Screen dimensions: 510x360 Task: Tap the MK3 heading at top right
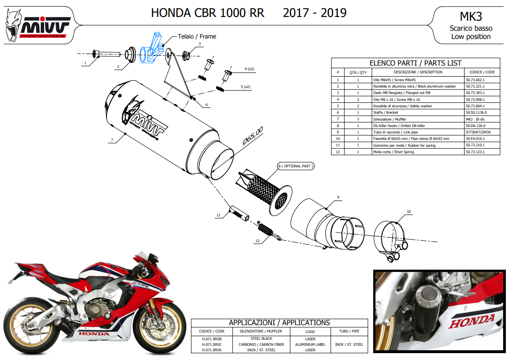click(471, 16)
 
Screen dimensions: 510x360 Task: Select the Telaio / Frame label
click(197, 36)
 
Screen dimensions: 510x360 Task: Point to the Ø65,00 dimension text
click(253, 136)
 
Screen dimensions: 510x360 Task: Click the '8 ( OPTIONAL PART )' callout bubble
click(296, 166)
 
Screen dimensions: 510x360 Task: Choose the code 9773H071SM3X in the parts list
click(478, 132)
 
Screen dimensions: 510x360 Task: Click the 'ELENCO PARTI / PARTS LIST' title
click(415, 63)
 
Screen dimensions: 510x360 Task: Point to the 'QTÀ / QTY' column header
click(358, 72)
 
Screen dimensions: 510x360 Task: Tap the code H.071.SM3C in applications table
click(212, 344)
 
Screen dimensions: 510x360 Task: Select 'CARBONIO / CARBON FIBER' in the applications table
click(261, 344)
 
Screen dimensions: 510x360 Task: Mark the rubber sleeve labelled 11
click(239, 213)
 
